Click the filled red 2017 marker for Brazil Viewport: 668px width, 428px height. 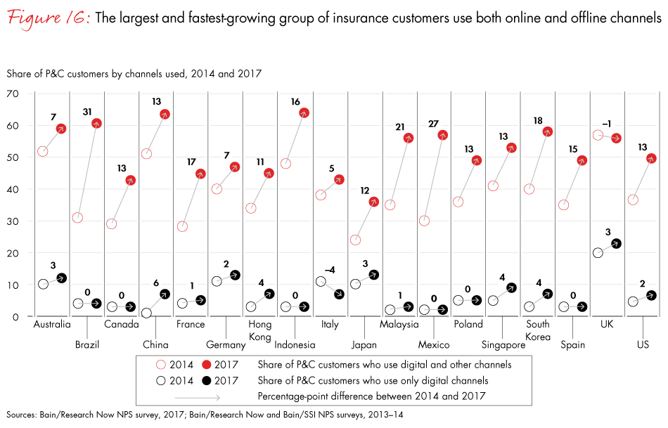(x=96, y=124)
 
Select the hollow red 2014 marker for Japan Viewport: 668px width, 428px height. (x=356, y=240)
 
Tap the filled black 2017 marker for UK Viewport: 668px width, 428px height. (x=617, y=244)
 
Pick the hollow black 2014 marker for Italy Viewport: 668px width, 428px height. (x=321, y=282)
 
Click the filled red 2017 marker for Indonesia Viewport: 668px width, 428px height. (x=304, y=112)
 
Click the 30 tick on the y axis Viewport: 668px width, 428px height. (x=13, y=221)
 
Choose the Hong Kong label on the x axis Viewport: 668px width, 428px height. (x=259, y=330)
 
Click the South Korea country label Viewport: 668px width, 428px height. (x=538, y=330)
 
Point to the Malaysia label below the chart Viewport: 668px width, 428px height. (x=399, y=325)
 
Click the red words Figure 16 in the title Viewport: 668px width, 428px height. (x=47, y=19)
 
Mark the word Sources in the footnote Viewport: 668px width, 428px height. (x=21, y=415)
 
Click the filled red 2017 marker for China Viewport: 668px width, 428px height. (x=165, y=114)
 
